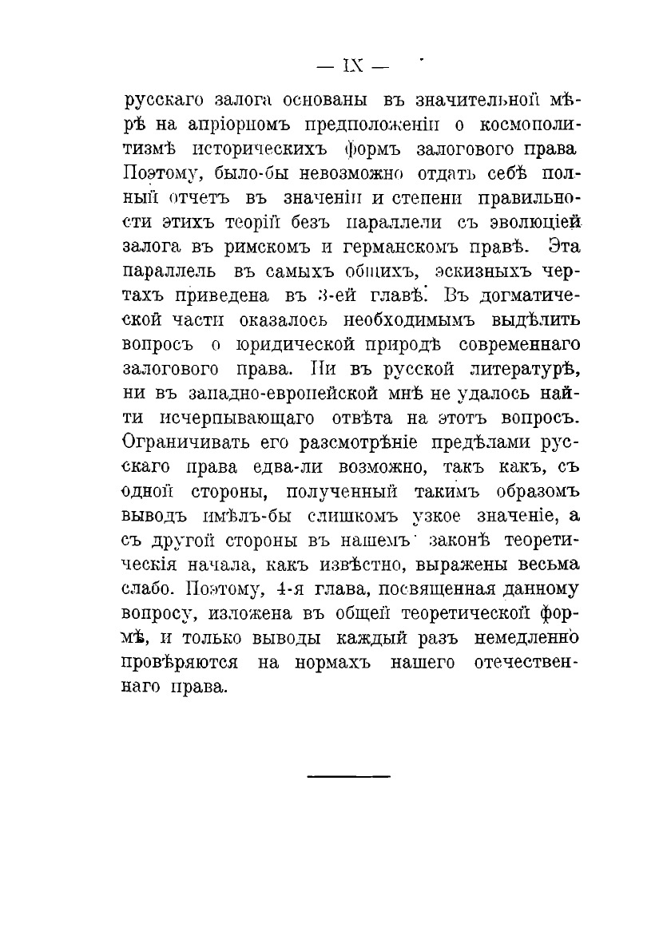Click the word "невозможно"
(337, 172)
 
